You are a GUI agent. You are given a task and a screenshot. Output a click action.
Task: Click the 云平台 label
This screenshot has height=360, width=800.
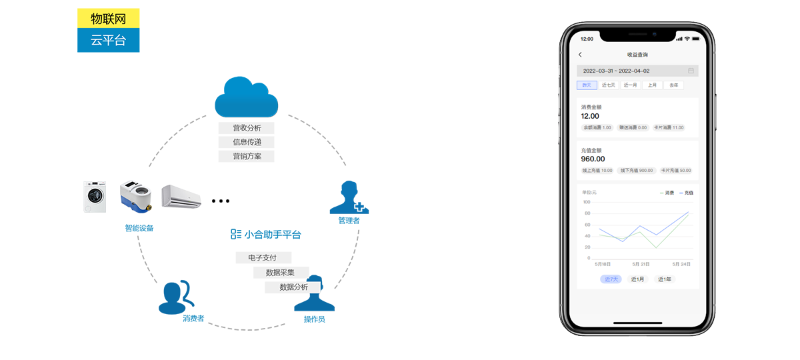[x=108, y=40]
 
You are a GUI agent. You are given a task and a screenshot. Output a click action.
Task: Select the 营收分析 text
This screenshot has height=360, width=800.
[x=247, y=128]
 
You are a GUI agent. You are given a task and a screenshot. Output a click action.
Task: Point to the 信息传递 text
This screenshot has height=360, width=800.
[x=247, y=142]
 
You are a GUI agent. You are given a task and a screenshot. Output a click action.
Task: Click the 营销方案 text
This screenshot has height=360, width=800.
[x=247, y=156]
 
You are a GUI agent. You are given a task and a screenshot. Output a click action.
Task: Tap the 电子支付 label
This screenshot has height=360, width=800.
[x=261, y=257]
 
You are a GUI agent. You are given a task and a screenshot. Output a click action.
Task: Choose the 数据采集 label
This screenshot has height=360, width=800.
[x=280, y=272]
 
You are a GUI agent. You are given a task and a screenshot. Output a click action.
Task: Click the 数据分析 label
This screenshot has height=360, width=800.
[x=294, y=287]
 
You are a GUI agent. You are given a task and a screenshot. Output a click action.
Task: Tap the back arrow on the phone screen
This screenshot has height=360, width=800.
[x=580, y=55]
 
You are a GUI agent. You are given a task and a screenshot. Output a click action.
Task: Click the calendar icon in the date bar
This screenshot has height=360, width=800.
[x=691, y=71]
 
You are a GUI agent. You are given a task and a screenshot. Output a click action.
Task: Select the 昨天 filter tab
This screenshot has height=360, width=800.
[x=587, y=85]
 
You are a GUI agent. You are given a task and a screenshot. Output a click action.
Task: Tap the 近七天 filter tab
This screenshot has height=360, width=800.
[x=609, y=85]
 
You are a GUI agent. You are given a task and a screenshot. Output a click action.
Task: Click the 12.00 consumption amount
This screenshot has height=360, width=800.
[x=590, y=116]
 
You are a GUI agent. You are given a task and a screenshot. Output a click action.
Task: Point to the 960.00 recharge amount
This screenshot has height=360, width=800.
[x=593, y=159]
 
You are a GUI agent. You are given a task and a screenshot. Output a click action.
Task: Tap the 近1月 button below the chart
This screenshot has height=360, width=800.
[x=637, y=279]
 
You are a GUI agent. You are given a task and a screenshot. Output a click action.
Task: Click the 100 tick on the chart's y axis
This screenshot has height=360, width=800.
[x=587, y=202]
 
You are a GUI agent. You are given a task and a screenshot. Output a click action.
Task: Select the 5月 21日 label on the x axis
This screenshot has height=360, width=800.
[x=641, y=264]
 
